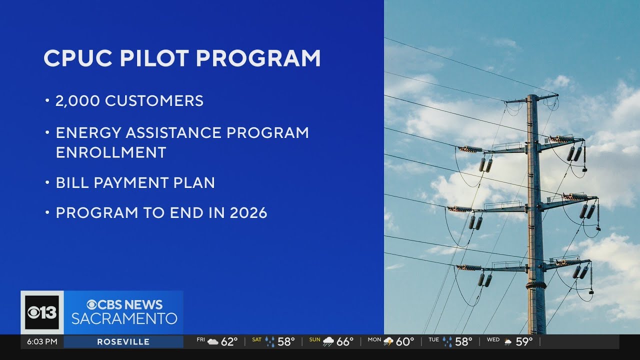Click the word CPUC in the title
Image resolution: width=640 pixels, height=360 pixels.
[x=76, y=58]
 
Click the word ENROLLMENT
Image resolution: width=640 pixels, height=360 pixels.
[x=110, y=152]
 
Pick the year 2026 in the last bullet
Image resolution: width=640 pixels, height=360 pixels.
[x=248, y=213]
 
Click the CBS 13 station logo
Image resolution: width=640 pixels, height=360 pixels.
[x=42, y=312]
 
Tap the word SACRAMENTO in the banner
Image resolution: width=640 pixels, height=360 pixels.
[x=124, y=318]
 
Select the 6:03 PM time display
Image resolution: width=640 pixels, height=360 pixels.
[x=42, y=342]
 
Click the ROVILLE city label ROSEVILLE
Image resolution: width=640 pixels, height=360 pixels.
[x=123, y=342]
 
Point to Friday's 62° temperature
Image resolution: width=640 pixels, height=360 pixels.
[x=229, y=342]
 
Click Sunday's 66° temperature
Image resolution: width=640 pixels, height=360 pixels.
[x=344, y=342]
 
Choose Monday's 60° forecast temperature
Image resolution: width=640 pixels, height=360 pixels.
[x=404, y=342]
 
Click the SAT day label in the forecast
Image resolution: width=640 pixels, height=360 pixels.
[x=256, y=340]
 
